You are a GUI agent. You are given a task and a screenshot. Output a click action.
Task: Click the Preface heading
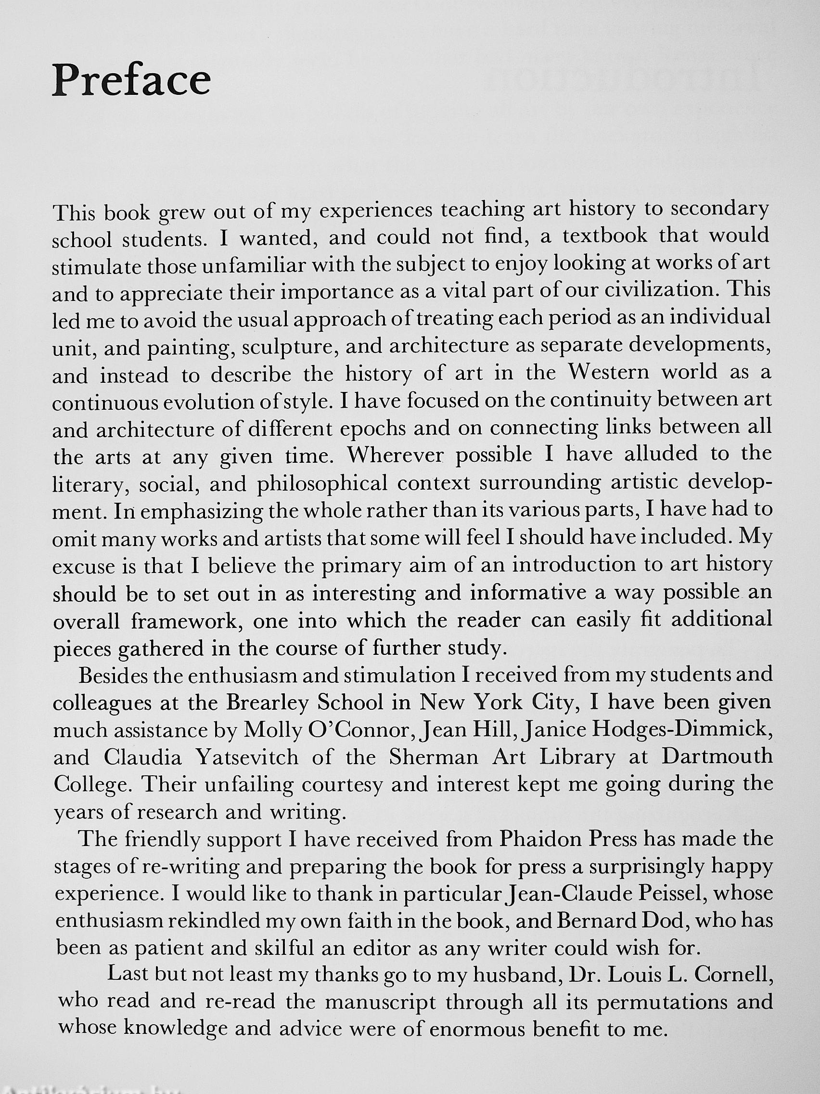tap(131, 80)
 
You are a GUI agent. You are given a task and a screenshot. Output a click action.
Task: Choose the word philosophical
tap(322, 484)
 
